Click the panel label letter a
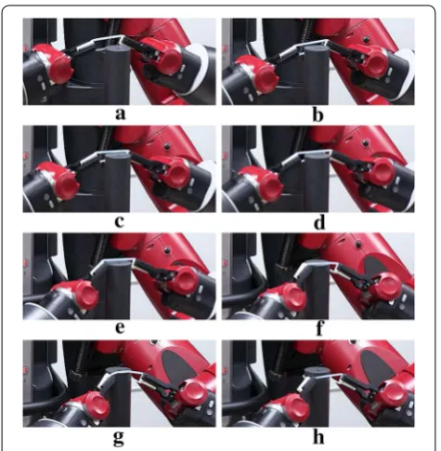coord(121,113)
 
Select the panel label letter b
coord(318,114)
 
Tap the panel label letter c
coord(119,221)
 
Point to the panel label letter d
coord(319,222)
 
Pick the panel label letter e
coord(120,328)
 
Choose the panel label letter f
coord(319,328)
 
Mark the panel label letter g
coord(119,437)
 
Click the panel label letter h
coord(318,436)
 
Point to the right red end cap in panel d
coord(383,169)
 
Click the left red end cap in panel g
coord(95,405)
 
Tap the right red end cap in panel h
coord(393,395)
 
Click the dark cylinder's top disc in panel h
coord(317,372)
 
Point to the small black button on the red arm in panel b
coord(366,39)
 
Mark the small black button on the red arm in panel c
coord(167,146)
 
